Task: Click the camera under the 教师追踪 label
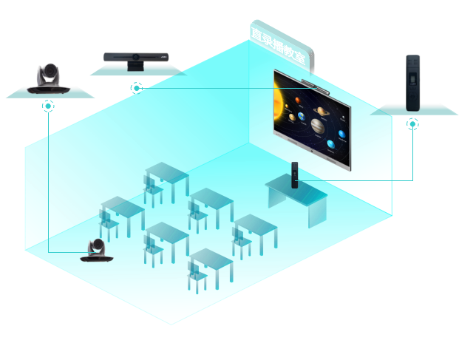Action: click(x=49, y=78)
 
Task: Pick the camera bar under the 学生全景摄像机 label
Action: click(x=137, y=58)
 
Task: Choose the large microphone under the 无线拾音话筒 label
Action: click(x=411, y=83)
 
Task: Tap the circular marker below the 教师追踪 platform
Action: click(x=49, y=106)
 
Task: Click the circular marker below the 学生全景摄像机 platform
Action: click(x=136, y=88)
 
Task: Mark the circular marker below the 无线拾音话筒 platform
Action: click(x=412, y=124)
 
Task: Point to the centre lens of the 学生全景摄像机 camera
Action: click(x=137, y=58)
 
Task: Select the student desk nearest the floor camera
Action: click(x=122, y=214)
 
